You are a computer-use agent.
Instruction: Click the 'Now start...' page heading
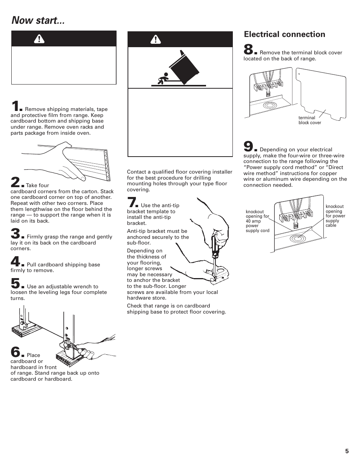pos(38,20)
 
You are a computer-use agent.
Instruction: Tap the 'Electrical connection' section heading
pos(285,34)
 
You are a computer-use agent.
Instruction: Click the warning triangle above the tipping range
pos(155,39)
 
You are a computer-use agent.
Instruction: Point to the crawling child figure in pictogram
pos(161,79)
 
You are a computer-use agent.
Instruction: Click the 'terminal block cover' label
pos(309,120)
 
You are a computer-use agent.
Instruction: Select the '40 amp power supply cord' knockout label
pos(257,221)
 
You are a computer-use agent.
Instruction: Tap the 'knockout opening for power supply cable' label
pos(335,216)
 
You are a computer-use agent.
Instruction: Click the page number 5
pos(346,451)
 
